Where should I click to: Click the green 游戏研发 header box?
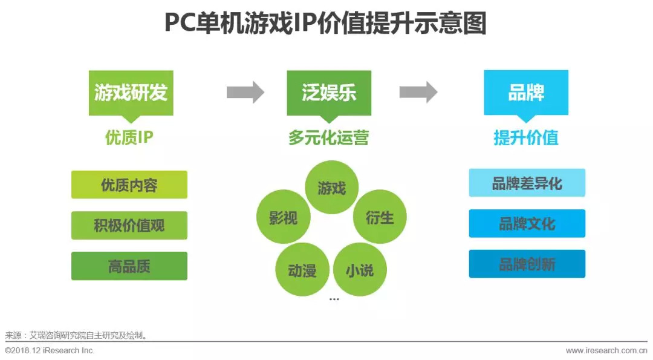131,93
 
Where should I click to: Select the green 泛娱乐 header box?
329,93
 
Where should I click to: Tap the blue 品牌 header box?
526,93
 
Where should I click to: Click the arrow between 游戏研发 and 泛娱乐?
245,93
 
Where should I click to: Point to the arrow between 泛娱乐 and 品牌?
418,93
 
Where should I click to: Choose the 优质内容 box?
129,185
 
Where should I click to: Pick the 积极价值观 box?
129,226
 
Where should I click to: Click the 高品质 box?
129,266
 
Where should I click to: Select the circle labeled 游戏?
332,188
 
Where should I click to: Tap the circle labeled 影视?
283,218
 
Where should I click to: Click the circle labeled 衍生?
380,218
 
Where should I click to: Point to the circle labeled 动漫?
302,270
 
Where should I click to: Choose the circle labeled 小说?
360,270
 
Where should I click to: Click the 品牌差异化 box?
527,183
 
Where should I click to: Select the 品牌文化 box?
527,223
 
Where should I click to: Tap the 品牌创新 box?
527,264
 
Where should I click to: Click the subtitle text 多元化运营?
328,138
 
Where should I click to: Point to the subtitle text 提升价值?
526,138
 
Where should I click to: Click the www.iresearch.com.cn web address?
606,351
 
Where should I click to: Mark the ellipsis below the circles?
334,299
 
